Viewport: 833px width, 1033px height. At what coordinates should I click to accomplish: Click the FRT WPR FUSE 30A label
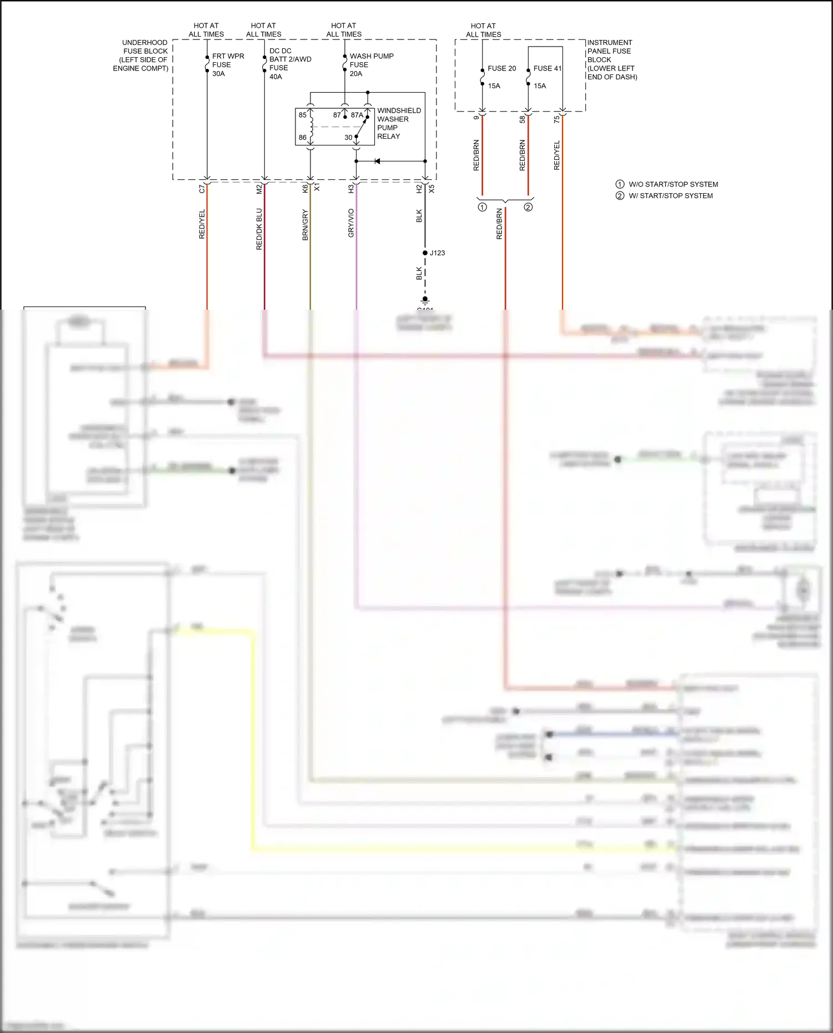228,65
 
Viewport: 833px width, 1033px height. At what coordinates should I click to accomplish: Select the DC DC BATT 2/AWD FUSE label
290,63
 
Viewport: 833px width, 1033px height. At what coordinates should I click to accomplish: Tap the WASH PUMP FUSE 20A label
371,65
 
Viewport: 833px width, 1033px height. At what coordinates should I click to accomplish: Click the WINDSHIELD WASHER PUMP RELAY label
398,123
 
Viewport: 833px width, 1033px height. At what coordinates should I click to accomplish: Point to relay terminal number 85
303,115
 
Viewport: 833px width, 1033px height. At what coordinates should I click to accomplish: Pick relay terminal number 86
303,137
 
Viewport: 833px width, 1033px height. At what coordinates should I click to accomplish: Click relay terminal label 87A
357,115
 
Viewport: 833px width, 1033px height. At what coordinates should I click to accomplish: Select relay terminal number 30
348,137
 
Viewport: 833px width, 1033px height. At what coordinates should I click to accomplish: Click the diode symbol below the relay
377,161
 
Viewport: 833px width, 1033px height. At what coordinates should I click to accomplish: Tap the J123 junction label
437,253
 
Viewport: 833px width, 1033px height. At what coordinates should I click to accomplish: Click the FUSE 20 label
501,68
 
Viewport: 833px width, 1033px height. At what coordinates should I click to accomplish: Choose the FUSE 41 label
547,68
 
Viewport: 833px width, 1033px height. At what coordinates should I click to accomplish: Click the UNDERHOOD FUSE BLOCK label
142,56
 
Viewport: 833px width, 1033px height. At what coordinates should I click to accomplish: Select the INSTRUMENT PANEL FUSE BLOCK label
611,59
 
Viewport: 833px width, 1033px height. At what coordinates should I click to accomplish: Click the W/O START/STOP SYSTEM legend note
673,184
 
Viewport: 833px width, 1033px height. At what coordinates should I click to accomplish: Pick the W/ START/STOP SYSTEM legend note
670,195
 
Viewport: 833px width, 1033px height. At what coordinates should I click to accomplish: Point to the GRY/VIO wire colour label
351,223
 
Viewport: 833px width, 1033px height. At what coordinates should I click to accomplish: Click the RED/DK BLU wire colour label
259,229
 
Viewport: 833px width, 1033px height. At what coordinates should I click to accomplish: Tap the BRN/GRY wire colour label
305,225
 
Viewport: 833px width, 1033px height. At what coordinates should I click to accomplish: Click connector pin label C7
202,189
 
